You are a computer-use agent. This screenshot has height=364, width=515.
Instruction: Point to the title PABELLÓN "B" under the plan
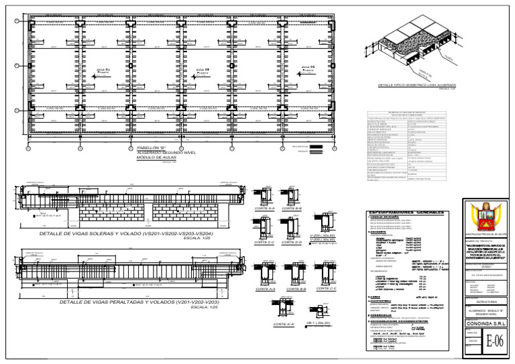tap(151, 147)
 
